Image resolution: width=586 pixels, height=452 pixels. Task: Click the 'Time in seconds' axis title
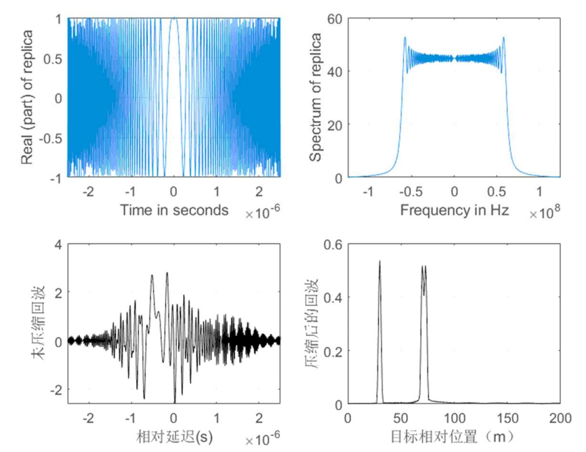point(174,210)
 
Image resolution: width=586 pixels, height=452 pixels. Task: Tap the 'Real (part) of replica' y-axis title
point(28,98)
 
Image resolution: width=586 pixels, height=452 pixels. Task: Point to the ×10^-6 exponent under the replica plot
point(263,214)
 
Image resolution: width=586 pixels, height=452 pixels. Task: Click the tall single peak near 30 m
point(380,261)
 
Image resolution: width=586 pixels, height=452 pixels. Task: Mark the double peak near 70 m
point(424,267)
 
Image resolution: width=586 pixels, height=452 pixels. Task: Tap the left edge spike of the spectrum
point(404,38)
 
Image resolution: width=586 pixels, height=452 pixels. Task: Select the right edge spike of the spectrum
point(504,38)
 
